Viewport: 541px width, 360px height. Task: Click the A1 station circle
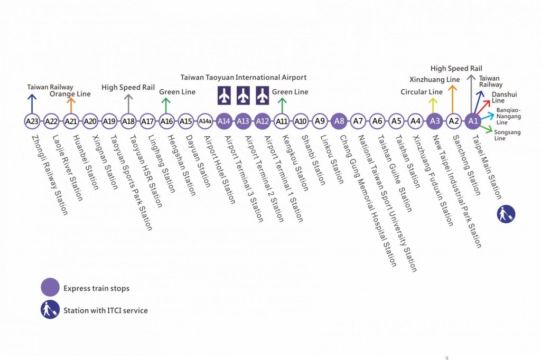(473, 121)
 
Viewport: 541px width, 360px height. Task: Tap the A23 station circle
(32, 121)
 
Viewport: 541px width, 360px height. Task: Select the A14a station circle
(205, 121)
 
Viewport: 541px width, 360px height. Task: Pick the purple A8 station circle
(339, 121)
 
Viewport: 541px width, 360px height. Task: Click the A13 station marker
(243, 121)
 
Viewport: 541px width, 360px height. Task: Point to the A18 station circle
(128, 121)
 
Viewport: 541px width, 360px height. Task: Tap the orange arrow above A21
(71, 105)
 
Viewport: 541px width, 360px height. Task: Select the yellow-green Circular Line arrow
(433, 105)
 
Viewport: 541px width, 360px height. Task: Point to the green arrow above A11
(282, 105)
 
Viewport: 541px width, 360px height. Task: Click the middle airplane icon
(243, 96)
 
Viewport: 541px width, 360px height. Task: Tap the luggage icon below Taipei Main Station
(506, 214)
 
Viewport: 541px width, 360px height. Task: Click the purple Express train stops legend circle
(50, 288)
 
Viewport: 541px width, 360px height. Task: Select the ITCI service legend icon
(50, 310)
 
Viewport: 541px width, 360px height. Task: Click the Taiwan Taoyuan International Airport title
(244, 77)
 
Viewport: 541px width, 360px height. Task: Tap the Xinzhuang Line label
(435, 79)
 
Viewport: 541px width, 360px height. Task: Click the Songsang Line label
(506, 135)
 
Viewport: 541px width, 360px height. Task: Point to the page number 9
(447, 356)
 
